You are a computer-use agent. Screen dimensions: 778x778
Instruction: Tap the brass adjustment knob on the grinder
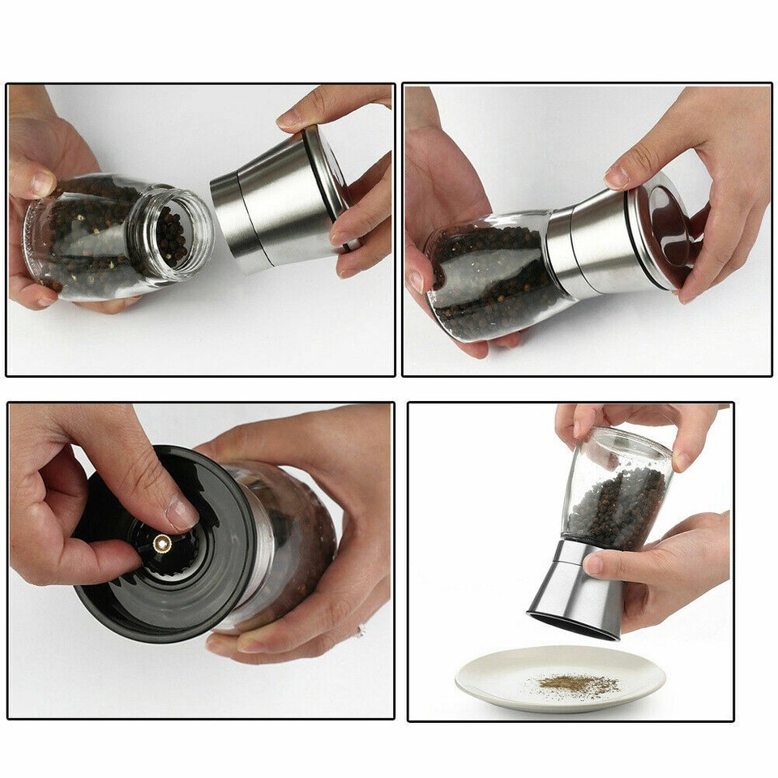162,544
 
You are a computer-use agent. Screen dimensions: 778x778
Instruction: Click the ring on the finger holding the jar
361,630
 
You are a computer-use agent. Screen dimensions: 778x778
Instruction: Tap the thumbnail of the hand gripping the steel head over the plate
594,564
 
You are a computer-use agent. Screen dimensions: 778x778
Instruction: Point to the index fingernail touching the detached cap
289,118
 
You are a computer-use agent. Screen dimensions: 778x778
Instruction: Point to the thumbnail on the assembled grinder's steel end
618,175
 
